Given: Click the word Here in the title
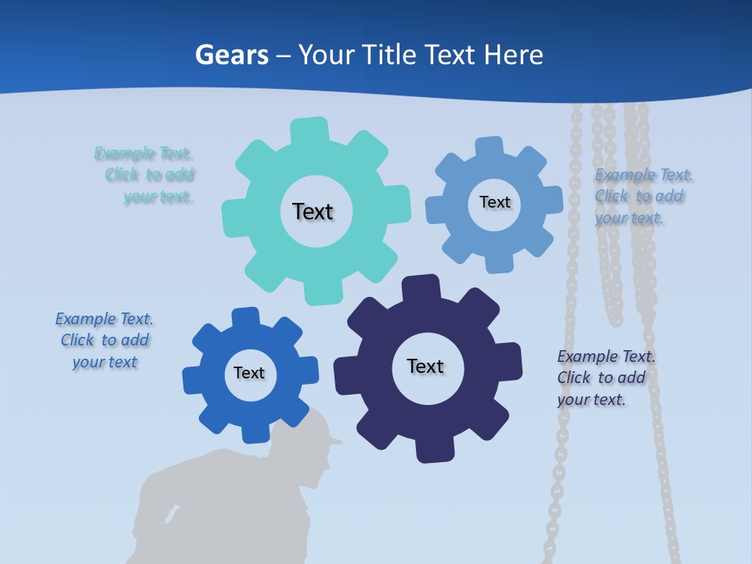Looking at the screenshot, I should pos(513,55).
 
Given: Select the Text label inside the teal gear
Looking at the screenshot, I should pos(313,211).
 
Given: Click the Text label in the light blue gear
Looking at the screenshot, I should pos(494,202).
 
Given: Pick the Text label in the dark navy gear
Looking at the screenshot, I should pos(425,366).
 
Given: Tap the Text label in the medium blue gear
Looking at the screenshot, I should pos(249,373).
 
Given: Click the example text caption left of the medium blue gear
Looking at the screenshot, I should pos(105,340).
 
